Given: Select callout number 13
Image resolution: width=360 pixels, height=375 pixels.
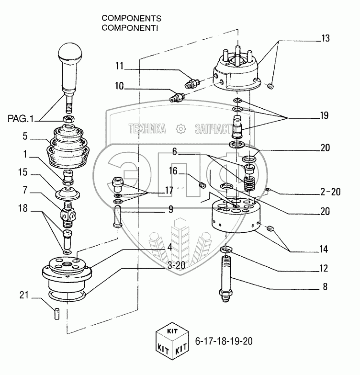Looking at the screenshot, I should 325,38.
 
